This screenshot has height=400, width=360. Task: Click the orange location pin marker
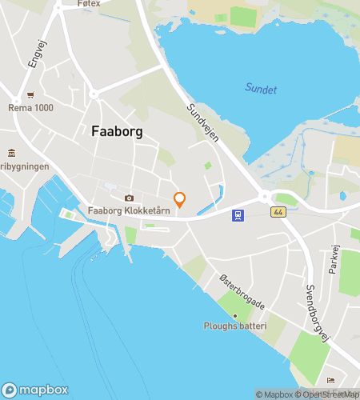click(x=179, y=199)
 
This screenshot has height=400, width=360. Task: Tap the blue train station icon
click(x=238, y=214)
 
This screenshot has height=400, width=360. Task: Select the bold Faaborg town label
click(x=117, y=133)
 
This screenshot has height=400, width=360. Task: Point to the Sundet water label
click(x=261, y=90)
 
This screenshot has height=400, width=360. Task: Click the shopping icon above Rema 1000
click(x=30, y=94)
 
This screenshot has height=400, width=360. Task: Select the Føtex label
click(x=89, y=4)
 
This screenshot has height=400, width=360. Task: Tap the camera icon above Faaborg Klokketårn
click(x=128, y=198)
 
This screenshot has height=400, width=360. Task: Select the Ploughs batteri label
click(x=234, y=327)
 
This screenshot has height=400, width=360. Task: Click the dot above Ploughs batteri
click(x=234, y=316)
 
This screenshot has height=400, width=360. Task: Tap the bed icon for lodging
click(x=331, y=380)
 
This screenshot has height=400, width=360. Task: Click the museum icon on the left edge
click(x=11, y=153)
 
